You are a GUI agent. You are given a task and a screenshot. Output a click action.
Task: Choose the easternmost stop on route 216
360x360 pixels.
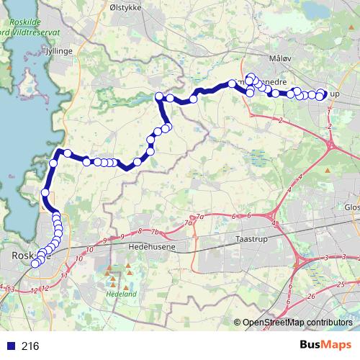[x=323, y=94]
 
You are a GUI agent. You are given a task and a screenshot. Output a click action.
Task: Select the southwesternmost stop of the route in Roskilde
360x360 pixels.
[x=33, y=262]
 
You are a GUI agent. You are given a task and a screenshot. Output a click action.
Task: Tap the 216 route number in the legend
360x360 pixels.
[x=30, y=346]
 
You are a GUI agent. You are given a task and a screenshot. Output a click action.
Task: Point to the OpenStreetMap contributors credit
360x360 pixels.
[x=297, y=323]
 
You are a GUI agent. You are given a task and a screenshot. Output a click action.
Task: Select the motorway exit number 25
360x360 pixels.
[x=340, y=285]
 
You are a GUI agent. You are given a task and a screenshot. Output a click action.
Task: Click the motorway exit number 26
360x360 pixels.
[x=311, y=296]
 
